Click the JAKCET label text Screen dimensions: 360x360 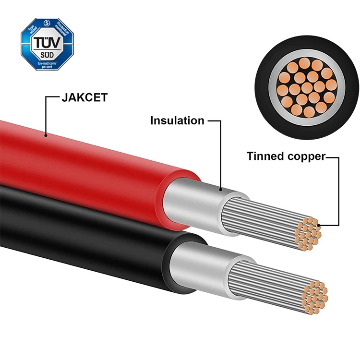[x=84, y=98]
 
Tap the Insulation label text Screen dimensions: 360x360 [x=177, y=120]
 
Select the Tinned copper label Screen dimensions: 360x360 [x=286, y=156]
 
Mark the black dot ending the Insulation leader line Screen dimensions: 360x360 [x=221, y=191]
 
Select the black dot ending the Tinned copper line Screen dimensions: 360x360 [x=316, y=224]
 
